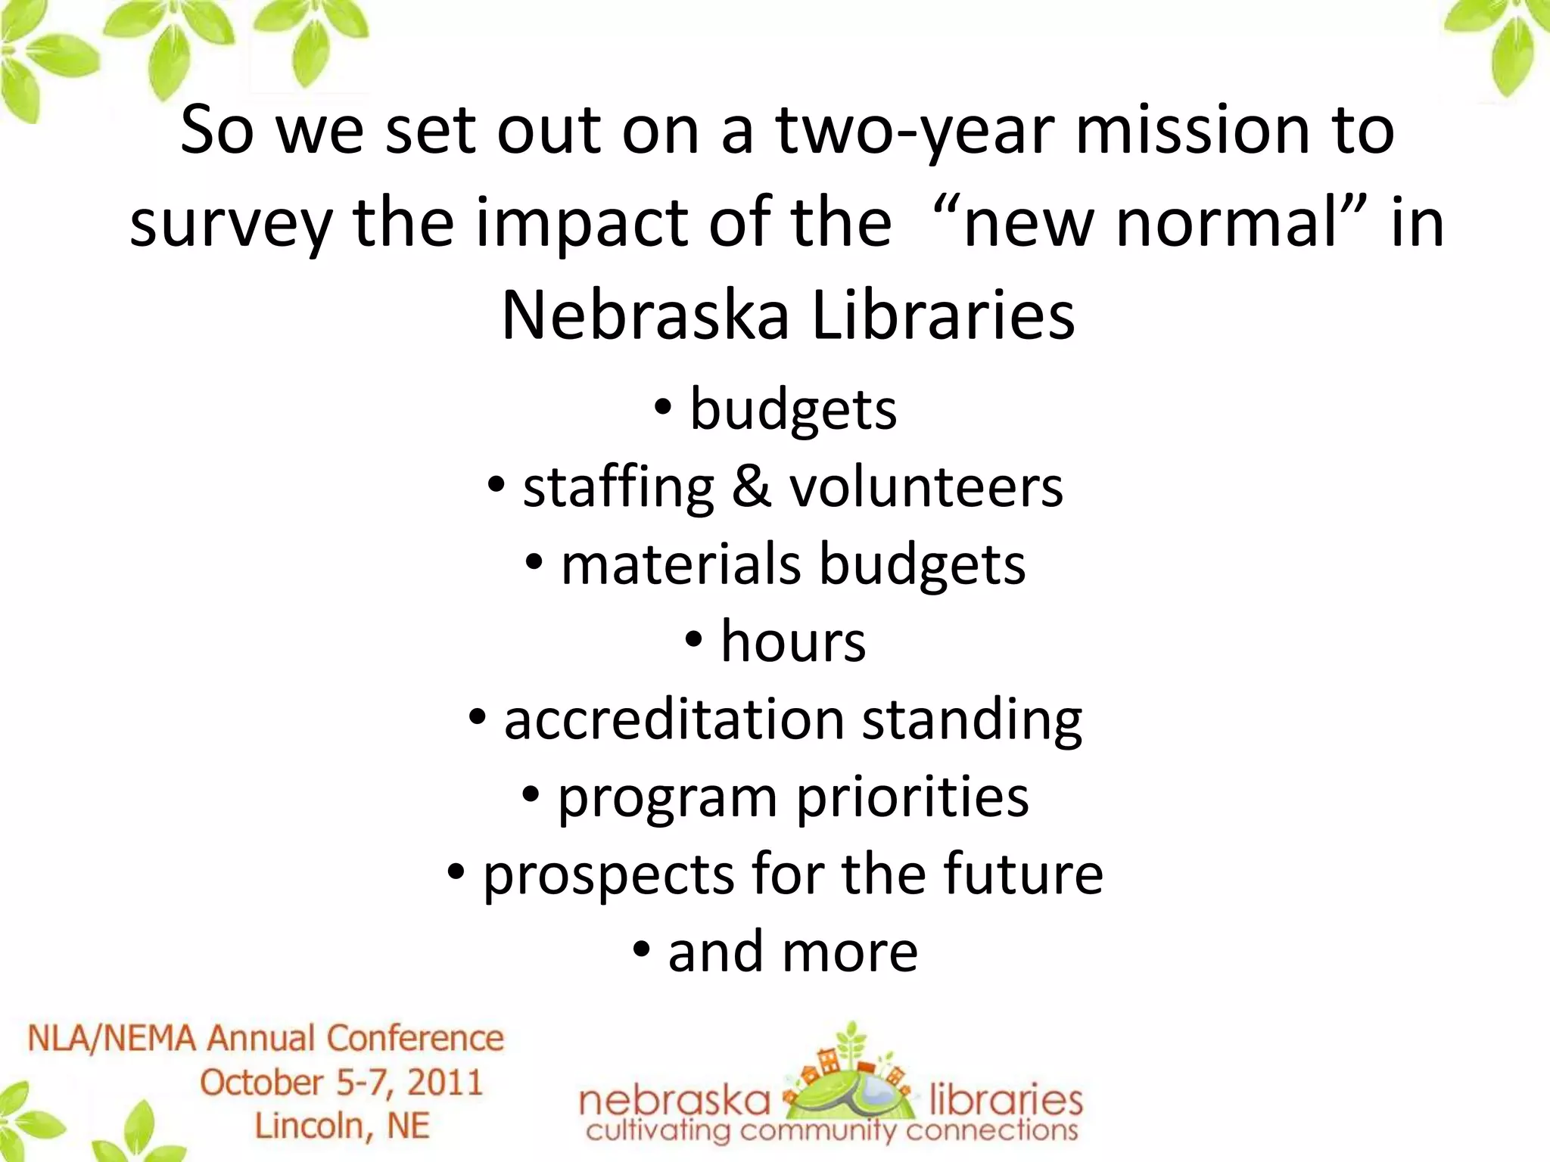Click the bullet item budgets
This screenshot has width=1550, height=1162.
(x=792, y=409)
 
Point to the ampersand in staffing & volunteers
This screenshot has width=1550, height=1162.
(x=751, y=487)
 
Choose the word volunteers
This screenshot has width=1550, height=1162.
(x=926, y=487)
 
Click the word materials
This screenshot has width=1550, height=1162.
(x=680, y=565)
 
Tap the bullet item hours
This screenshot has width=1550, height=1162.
(x=792, y=642)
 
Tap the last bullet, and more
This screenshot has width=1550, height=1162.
(x=792, y=952)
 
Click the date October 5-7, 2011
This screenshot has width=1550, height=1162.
(x=341, y=1083)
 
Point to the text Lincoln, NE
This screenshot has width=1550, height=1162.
(x=341, y=1126)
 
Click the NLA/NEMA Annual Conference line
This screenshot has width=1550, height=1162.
(x=266, y=1038)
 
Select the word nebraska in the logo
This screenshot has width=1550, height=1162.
(x=674, y=1101)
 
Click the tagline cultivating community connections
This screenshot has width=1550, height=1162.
(x=831, y=1132)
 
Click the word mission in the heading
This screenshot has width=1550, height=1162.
(x=1192, y=130)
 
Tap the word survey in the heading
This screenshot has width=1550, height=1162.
(x=231, y=223)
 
